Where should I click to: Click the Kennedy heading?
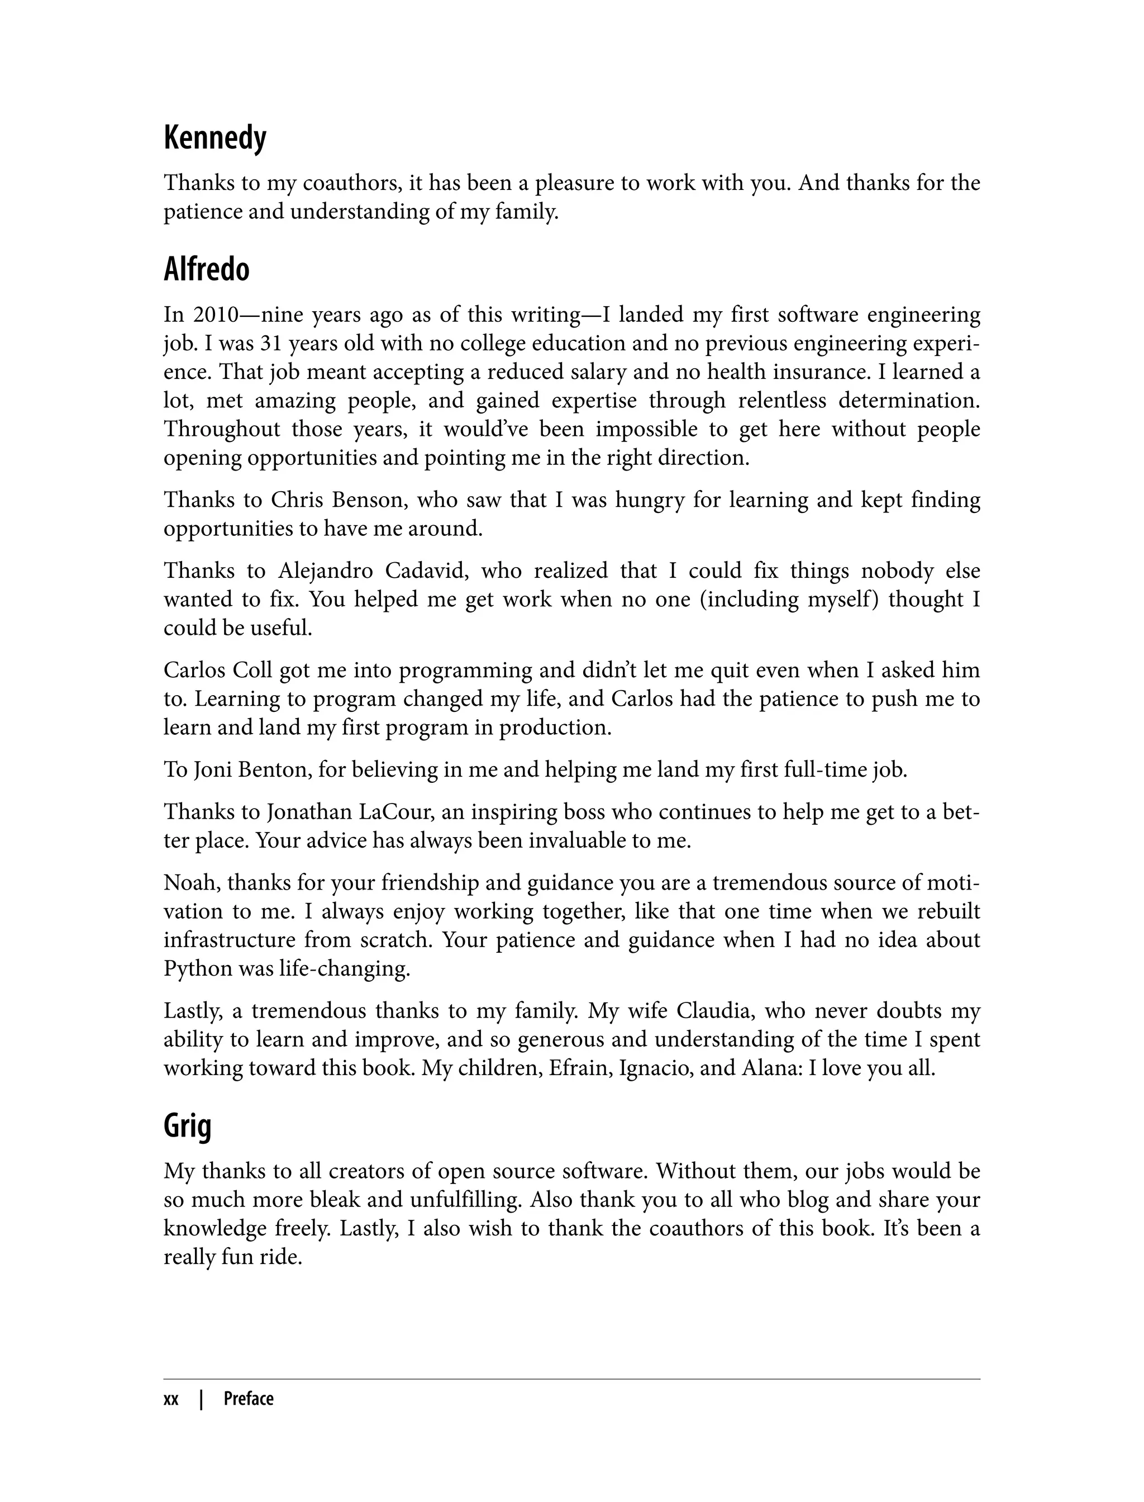click(x=214, y=139)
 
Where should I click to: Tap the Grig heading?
click(x=187, y=1126)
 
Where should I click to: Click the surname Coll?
click(x=252, y=671)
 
